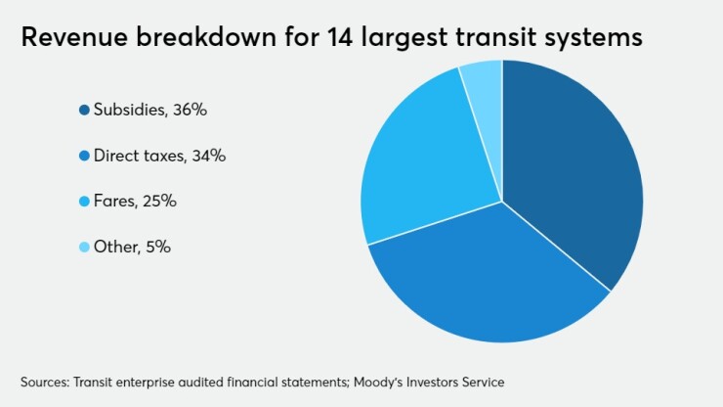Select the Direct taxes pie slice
click(489, 284)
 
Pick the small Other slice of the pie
click(484, 83)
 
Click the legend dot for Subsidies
click(85, 111)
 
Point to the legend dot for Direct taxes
click(85, 156)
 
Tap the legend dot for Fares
click(85, 202)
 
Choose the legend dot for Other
click(85, 248)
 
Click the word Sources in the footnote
click(44, 381)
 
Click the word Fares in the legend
click(113, 202)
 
